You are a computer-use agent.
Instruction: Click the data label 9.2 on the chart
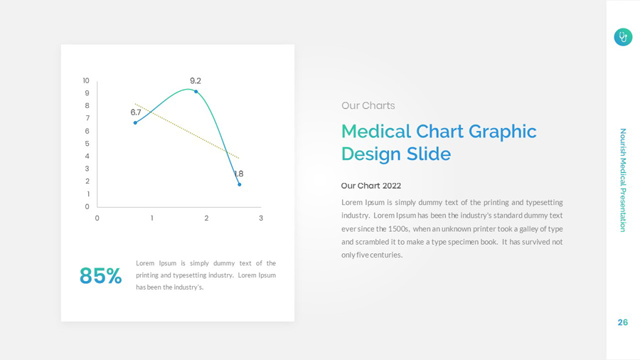point(195,81)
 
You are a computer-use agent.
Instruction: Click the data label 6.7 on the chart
point(136,112)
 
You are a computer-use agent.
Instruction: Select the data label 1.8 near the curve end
point(239,174)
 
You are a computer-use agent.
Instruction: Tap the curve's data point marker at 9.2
point(196,92)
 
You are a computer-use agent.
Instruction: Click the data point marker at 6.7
point(135,123)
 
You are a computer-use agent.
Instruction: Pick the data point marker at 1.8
point(240,184)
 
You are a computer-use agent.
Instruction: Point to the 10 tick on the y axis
point(86,81)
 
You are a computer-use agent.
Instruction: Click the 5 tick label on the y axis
point(87,144)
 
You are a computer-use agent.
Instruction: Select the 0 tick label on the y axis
point(87,207)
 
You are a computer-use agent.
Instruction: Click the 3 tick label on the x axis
point(261,218)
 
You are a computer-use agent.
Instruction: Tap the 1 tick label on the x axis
point(152,218)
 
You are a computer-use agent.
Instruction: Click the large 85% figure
point(100,276)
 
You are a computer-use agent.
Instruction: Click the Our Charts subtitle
point(368,106)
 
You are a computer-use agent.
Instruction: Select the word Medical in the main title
point(376,132)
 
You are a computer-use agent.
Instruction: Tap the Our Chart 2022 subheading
point(370,186)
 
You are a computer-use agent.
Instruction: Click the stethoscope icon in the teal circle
point(623,37)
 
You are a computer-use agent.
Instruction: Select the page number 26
point(623,322)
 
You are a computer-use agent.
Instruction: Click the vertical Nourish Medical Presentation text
point(623,180)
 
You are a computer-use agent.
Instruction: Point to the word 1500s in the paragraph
point(398,229)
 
